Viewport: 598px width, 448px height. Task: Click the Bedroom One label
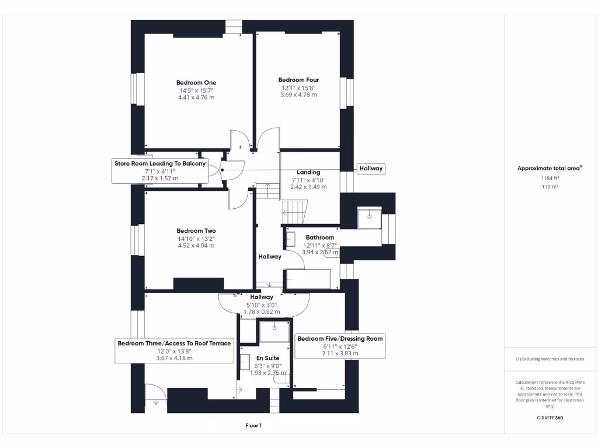point(196,83)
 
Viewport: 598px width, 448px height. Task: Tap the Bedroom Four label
point(298,80)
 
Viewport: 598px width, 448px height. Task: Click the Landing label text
point(308,172)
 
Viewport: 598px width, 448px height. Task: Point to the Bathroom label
point(320,237)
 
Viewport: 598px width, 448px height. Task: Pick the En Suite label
point(268,358)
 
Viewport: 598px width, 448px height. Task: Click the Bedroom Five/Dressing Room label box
point(340,346)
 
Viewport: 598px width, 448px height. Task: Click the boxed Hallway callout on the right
point(371,169)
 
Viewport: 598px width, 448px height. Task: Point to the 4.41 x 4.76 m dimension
point(196,97)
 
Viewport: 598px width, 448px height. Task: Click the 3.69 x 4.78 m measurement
point(298,94)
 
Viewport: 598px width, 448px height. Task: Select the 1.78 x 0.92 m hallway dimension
point(262,311)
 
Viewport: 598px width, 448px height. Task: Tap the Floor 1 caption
point(253,426)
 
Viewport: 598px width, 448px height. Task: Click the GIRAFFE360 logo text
point(550,418)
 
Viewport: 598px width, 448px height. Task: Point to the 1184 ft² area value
point(550,178)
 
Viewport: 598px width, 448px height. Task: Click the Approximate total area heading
point(549,168)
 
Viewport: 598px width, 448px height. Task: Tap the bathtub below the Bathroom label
point(308,278)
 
